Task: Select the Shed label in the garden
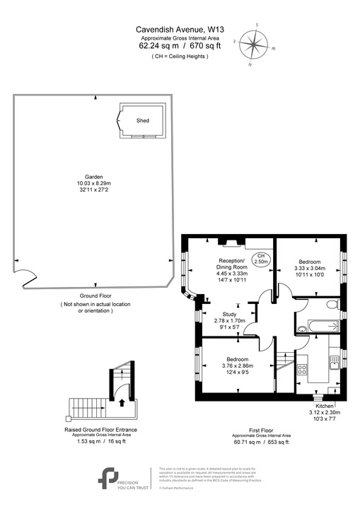pos(143,121)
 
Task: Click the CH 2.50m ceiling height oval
pos(261,259)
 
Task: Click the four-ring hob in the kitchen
pos(302,369)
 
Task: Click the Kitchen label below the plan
pos(325,406)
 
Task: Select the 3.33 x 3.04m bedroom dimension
pos(309,269)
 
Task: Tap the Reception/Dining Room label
pos(231,265)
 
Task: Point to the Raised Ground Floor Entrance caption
pos(100,429)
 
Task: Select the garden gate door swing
pos(25,276)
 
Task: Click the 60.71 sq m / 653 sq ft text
pos(262,442)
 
